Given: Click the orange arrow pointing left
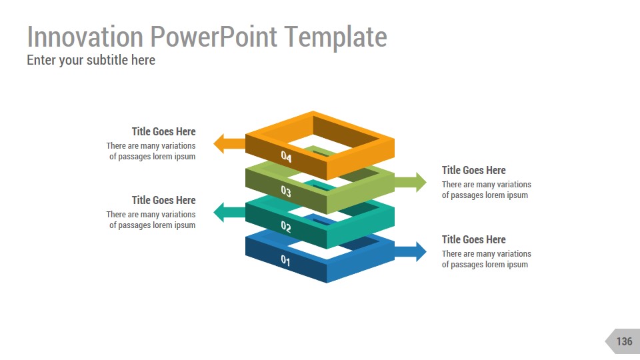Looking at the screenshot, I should pyautogui.click(x=228, y=143).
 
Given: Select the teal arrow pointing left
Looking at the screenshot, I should pyautogui.click(x=228, y=213).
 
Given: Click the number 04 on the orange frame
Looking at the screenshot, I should pyautogui.click(x=286, y=157).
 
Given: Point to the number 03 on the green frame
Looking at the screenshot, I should pyautogui.click(x=286, y=192).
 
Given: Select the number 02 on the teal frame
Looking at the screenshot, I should pyautogui.click(x=286, y=227).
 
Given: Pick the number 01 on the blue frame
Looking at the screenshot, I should pyautogui.click(x=285, y=261).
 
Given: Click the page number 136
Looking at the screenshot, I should pyautogui.click(x=624, y=341).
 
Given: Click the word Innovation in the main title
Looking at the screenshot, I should pyautogui.click(x=85, y=37).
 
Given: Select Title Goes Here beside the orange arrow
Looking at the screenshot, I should pyautogui.click(x=163, y=131).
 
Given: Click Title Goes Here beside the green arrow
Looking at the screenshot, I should pyautogui.click(x=474, y=170).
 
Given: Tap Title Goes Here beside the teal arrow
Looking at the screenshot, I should pyautogui.click(x=163, y=200).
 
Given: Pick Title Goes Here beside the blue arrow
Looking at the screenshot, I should pyautogui.click(x=474, y=239).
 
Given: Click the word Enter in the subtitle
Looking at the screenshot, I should pyautogui.click(x=41, y=60).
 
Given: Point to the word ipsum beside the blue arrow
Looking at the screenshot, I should pyautogui.click(x=517, y=265).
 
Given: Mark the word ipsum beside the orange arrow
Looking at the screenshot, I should pyautogui.click(x=184, y=157).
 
